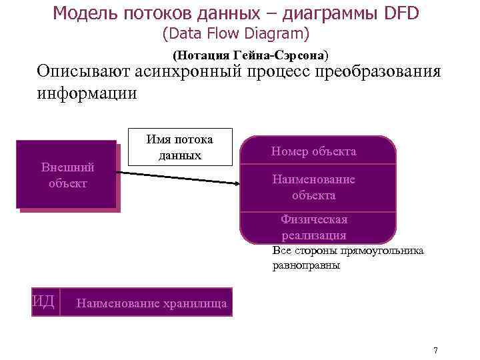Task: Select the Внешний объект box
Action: click(67, 175)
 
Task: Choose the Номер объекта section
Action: click(313, 151)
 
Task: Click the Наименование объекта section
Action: click(313, 187)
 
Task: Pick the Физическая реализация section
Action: click(313, 227)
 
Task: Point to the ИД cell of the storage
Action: click(44, 301)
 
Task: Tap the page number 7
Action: click(435, 351)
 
